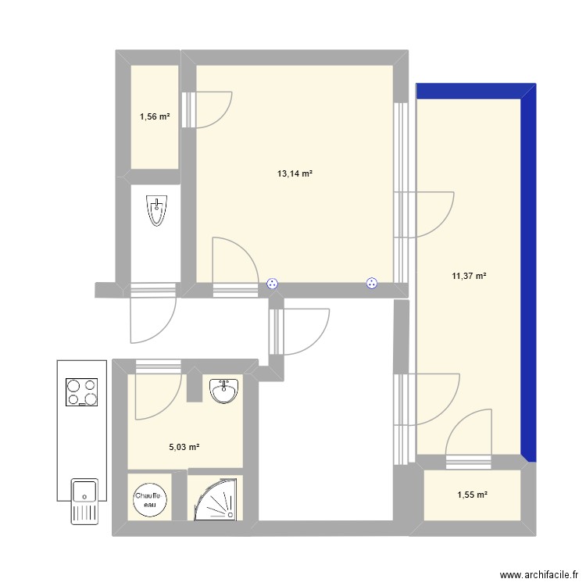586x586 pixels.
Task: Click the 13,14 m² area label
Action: tap(295, 174)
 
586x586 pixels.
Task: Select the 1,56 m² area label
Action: tap(155, 117)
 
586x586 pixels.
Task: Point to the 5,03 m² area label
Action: tap(184, 447)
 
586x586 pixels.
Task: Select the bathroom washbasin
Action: tap(226, 390)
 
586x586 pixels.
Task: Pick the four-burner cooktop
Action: tap(82, 393)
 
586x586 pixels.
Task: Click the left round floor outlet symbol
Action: tap(273, 284)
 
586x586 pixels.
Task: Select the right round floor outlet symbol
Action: tap(372, 284)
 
